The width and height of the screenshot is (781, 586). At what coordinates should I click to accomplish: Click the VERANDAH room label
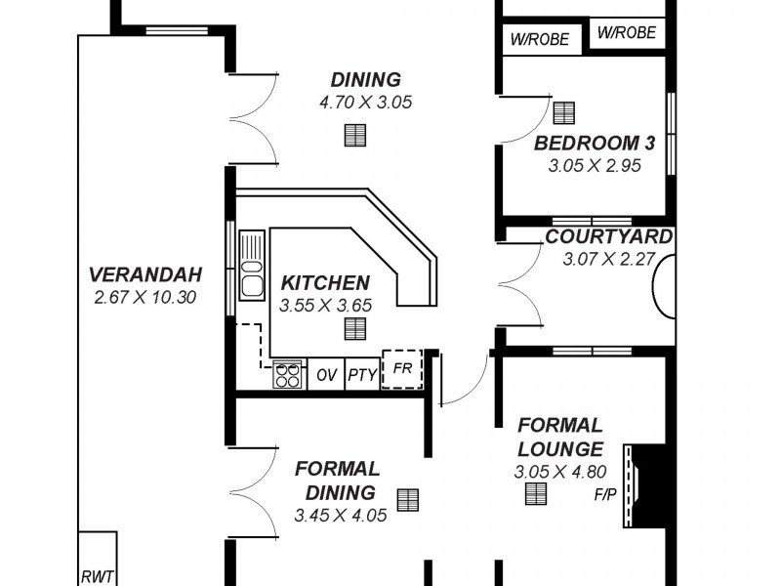[x=145, y=273]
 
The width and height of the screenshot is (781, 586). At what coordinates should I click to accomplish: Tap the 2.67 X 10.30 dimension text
[x=145, y=297]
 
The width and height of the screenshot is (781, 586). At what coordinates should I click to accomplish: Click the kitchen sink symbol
[x=252, y=265]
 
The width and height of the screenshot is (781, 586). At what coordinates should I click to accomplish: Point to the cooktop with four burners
[x=288, y=375]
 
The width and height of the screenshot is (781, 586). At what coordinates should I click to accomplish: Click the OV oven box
[x=325, y=375]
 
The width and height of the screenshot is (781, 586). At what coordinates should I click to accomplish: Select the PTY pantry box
[x=362, y=375]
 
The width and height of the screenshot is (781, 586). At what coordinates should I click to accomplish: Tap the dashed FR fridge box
[x=401, y=369]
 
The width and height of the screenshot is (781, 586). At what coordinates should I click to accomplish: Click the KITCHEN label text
[x=325, y=283]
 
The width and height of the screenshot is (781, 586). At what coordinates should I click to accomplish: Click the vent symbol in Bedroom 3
[x=564, y=113]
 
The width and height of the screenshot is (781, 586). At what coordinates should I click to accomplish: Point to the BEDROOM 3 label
[x=594, y=144]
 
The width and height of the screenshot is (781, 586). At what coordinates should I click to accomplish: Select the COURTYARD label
[x=608, y=237]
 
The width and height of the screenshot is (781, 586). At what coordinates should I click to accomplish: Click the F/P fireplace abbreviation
[x=605, y=494]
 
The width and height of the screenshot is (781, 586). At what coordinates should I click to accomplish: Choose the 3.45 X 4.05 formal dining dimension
[x=340, y=514]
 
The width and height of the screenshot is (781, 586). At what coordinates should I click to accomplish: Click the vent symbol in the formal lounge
[x=536, y=494]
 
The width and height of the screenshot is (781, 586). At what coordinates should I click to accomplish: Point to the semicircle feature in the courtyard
[x=665, y=285]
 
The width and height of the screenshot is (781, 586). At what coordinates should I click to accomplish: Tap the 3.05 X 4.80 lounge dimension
[x=559, y=472]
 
